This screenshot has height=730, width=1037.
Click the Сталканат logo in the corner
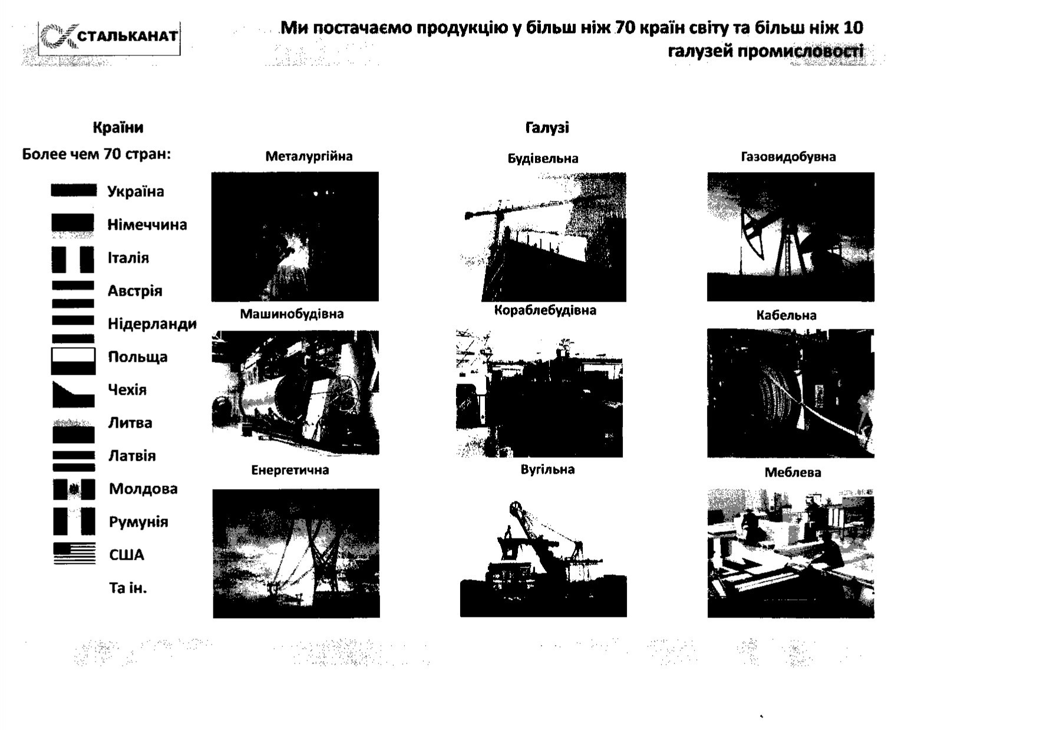[x=110, y=38]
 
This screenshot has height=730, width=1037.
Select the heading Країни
[x=118, y=127]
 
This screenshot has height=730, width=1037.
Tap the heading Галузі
[x=547, y=127]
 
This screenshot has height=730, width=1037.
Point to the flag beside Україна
[x=73, y=190]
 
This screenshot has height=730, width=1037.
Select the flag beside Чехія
[x=74, y=394]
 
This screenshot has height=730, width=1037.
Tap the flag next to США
[x=74, y=553]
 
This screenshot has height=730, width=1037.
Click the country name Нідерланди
[x=152, y=323]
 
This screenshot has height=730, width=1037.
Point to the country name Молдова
[x=143, y=488]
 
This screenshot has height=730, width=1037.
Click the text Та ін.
[x=128, y=587]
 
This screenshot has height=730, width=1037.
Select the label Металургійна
[x=309, y=156]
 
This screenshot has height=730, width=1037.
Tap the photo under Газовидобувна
[x=791, y=237]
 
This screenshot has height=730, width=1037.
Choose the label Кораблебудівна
[x=545, y=311]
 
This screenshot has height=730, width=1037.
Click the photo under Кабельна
[x=791, y=393]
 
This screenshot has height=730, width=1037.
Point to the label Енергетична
[x=290, y=470]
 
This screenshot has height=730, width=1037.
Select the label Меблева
[x=792, y=473]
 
